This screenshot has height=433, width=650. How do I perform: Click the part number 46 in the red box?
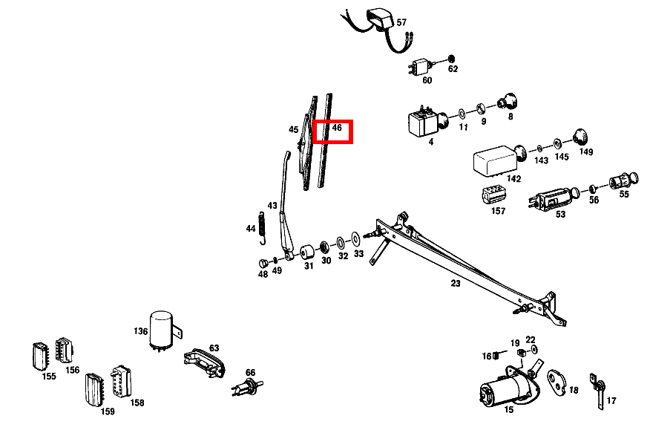(x=337, y=127)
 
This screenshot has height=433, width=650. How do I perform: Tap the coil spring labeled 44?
(x=261, y=228)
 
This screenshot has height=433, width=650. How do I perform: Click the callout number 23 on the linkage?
(x=455, y=283)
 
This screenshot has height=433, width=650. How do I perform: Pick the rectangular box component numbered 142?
(x=495, y=158)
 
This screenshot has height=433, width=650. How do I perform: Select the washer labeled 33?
(x=355, y=239)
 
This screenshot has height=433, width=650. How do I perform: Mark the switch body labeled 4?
(x=422, y=122)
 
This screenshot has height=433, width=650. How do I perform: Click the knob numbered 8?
(x=508, y=102)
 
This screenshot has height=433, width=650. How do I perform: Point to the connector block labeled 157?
(x=493, y=195)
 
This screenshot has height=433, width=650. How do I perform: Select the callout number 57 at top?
(x=401, y=22)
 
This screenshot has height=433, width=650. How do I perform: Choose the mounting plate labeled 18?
(x=557, y=382)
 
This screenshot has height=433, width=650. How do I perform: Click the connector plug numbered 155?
(x=40, y=356)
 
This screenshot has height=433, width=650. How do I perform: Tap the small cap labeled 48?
(x=263, y=264)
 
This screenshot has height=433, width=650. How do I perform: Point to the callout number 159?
(x=108, y=411)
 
